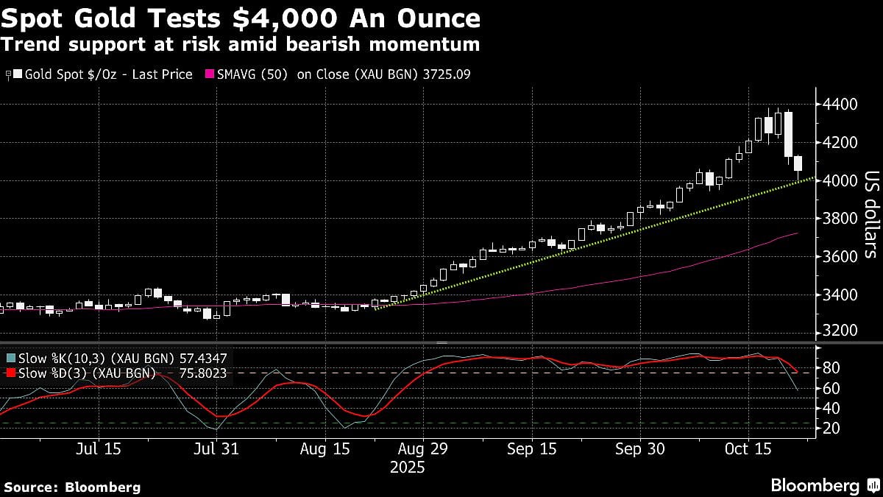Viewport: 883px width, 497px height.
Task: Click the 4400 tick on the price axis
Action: (840, 105)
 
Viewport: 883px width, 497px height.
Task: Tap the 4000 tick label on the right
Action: (840, 180)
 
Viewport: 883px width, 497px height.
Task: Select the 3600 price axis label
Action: (840, 256)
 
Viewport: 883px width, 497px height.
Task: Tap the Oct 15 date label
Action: (747, 448)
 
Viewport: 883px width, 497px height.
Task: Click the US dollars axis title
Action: (870, 225)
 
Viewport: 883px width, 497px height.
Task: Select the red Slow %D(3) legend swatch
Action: (10, 374)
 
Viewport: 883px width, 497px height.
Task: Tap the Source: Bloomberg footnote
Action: (71, 487)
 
